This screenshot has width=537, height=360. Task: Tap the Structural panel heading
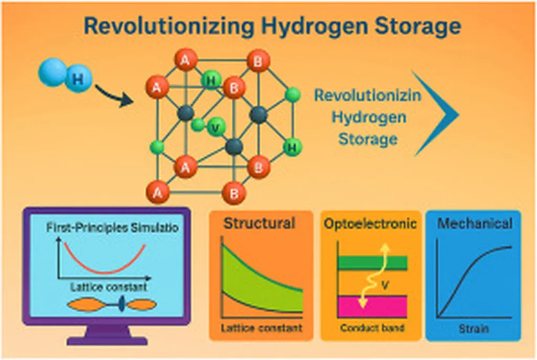click(260, 223)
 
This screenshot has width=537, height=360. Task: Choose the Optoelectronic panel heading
click(370, 224)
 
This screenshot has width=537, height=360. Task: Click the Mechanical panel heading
click(475, 224)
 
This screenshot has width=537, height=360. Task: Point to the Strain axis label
click(474, 329)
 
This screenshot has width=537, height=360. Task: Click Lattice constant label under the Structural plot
click(261, 329)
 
